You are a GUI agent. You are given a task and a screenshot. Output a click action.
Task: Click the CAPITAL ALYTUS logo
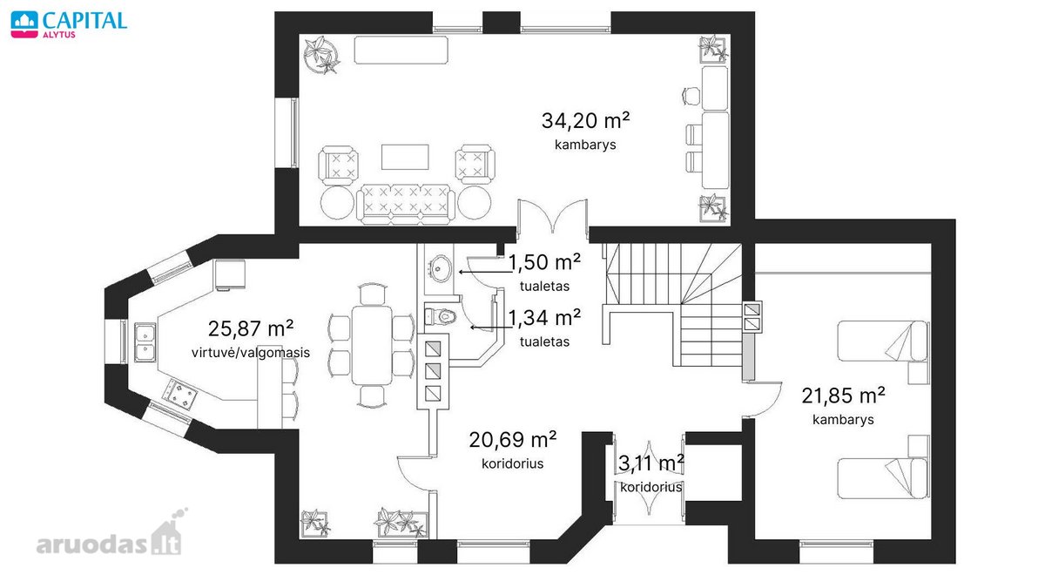(x=69, y=24)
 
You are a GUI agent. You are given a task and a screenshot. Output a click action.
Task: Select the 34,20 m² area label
(x=585, y=121)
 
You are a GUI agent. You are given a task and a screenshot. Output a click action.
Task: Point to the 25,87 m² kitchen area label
(x=251, y=329)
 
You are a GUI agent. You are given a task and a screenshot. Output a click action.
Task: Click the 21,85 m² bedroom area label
(x=843, y=395)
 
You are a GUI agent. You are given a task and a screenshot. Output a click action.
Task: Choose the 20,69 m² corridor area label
(x=513, y=440)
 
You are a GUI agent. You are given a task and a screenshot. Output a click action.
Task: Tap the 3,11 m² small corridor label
(x=651, y=463)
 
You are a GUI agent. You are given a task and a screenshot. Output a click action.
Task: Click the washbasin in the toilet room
(x=441, y=268)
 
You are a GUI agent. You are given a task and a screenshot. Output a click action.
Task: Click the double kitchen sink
(x=145, y=342)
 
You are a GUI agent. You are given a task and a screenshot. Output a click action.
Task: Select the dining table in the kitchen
(x=371, y=345)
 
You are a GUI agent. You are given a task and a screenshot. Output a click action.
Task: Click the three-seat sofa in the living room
(x=406, y=204)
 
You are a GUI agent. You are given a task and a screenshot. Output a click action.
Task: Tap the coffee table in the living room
(x=405, y=157)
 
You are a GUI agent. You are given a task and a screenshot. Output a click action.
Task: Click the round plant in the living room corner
(x=321, y=55)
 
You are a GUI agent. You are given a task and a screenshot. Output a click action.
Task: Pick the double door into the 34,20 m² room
(x=552, y=216)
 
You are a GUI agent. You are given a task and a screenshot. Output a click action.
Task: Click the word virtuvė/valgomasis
(x=251, y=352)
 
